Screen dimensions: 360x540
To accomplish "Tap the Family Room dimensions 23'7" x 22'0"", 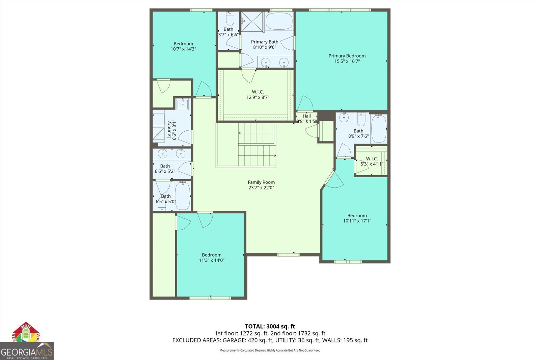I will pyautogui.click(x=261, y=188).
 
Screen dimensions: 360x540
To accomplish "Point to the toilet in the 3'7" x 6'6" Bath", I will pyautogui.click(x=230, y=19).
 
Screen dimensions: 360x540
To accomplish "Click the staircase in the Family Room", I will pyautogui.click(x=256, y=145).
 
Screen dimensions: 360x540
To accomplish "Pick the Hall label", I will pyautogui.click(x=306, y=116).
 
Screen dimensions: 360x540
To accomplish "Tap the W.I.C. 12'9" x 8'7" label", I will pyautogui.click(x=258, y=95).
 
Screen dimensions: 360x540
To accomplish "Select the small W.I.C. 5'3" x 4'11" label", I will pyautogui.click(x=372, y=161).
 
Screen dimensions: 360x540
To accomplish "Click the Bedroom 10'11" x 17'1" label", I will pyautogui.click(x=357, y=218).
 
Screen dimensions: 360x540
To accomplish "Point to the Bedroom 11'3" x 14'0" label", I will pyautogui.click(x=212, y=258).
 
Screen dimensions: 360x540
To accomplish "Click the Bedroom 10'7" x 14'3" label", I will pyautogui.click(x=183, y=46).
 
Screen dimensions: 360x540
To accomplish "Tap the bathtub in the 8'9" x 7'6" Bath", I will pyautogui.click(x=379, y=128).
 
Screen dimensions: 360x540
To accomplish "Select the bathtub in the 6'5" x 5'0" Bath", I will pyautogui.click(x=183, y=196).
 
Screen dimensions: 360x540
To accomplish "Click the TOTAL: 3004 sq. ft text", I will pyautogui.click(x=270, y=326).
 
